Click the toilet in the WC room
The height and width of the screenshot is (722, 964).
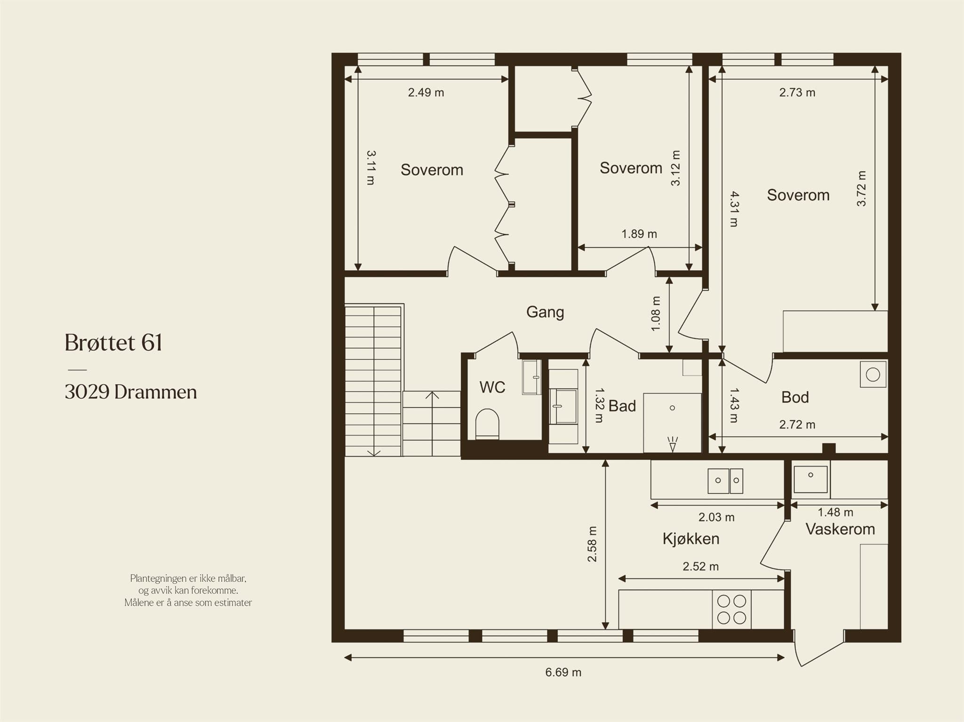[487, 424]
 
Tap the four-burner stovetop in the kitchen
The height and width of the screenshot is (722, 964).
[731, 609]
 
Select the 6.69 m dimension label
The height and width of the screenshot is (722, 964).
[563, 673]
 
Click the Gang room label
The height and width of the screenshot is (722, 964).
[545, 312]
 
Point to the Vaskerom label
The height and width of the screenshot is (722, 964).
[840, 529]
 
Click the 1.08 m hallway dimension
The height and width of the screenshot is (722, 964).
[656, 313]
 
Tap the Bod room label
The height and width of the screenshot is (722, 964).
[795, 397]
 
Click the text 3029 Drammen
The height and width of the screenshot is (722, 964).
[131, 392]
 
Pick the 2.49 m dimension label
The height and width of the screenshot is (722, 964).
[426, 92]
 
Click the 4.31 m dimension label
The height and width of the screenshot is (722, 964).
[734, 209]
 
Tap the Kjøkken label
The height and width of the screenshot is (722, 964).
[691, 539]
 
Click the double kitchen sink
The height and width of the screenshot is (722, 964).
[725, 481]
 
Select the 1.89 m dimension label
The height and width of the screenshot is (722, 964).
[639, 234]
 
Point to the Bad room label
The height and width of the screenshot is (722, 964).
[622, 406]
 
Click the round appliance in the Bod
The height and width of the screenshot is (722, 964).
[873, 375]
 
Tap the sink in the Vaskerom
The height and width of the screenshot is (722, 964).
[811, 479]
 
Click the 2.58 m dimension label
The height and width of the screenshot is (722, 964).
[592, 544]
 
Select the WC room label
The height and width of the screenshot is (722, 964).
[492, 387]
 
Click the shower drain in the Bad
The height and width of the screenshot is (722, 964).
[672, 408]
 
